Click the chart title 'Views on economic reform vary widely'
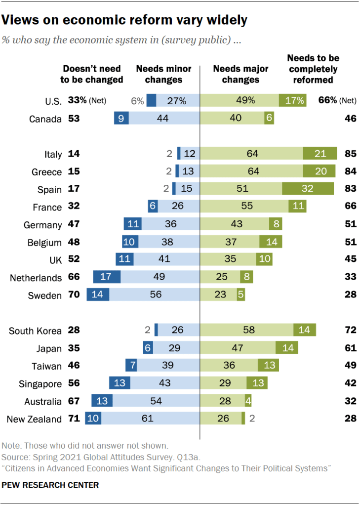[125, 20]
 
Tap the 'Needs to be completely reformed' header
[313, 69]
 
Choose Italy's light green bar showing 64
[251, 154]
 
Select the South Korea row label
[35, 331]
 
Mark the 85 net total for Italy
[351, 154]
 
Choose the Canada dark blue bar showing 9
[121, 119]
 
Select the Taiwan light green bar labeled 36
[229, 366]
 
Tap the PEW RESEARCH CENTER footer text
[50, 485]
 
